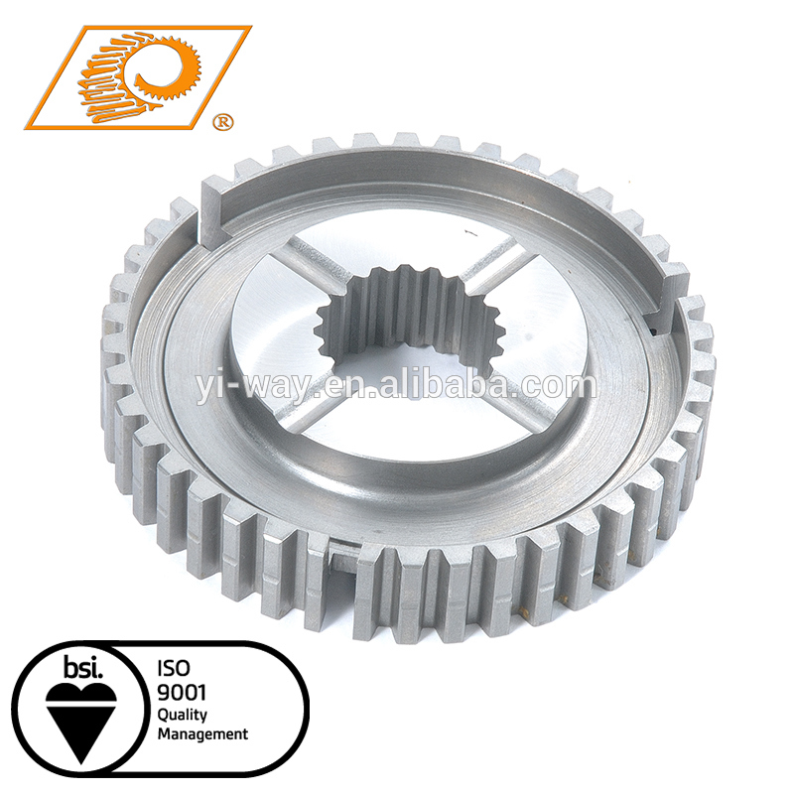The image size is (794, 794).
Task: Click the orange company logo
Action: click(138, 77)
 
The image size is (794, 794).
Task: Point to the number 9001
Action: click(182, 692)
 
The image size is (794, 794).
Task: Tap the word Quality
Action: click(183, 716)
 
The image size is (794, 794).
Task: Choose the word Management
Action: click(202, 734)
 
